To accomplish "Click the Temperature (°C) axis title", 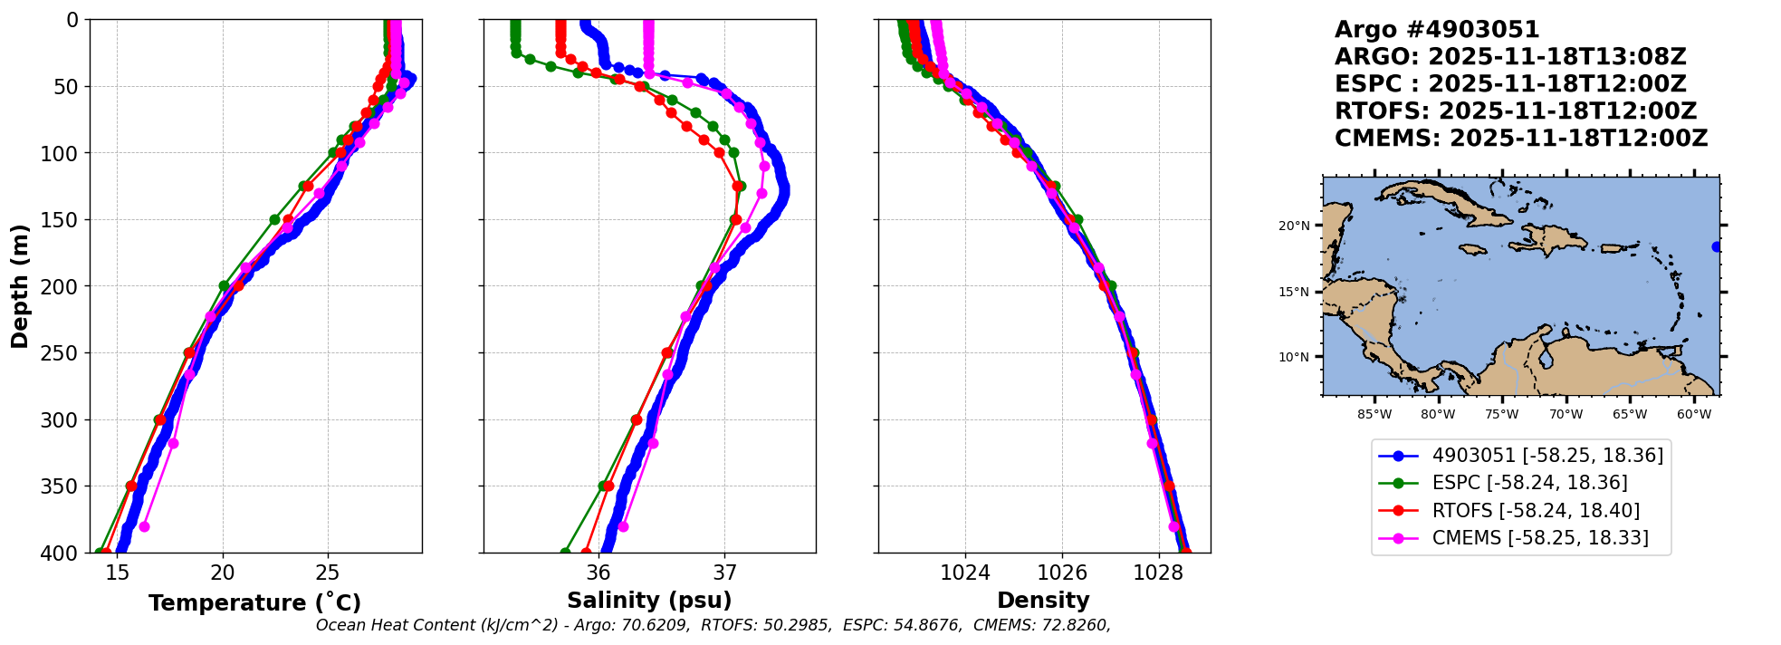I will coord(254,602).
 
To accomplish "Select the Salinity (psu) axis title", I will coord(649,601).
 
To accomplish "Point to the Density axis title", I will coord(1043,601).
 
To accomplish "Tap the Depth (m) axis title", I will coord(20,285).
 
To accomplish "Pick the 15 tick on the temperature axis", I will coord(118,573).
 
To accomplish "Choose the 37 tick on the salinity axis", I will coord(724,573).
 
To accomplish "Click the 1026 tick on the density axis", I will coord(1061,573).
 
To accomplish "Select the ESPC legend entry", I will coord(1529,483).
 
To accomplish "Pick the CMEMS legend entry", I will coord(1539,538).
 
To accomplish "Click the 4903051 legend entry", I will coord(1547,456).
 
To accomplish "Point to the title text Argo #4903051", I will coord(1437,30).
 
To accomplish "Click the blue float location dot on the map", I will coord(1717,246).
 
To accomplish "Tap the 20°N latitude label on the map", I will coord(1293,226).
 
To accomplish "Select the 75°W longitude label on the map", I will coord(1501,415).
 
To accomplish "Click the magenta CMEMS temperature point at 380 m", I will coord(144,526).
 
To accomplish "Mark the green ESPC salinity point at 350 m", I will coord(603,486).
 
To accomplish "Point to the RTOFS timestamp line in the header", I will coord(1515,111).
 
